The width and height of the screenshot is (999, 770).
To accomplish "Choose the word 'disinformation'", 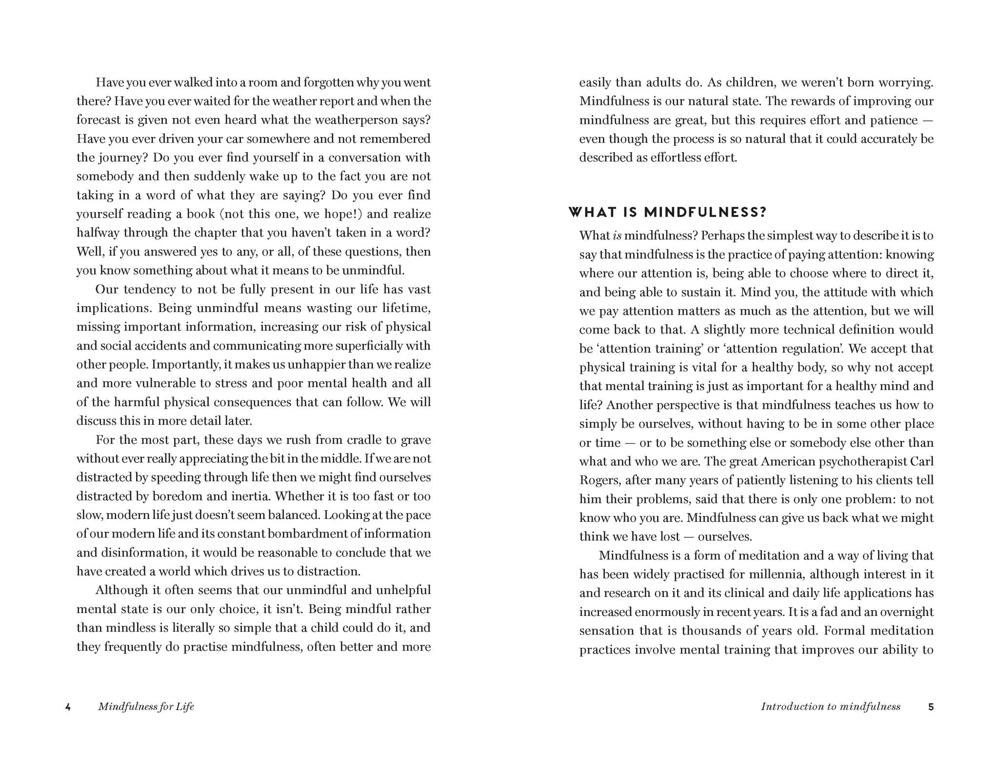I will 143,553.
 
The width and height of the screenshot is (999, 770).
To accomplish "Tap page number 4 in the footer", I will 68,707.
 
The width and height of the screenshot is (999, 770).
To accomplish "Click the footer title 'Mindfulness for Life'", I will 146,707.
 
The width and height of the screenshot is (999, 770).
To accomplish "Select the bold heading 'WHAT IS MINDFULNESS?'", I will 667,212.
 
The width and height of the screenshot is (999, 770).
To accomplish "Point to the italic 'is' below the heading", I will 617,236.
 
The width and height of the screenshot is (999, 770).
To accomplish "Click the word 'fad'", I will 845,612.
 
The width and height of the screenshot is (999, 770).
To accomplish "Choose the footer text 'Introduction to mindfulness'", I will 830,707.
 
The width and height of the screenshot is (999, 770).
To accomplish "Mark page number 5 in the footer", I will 931,707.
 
